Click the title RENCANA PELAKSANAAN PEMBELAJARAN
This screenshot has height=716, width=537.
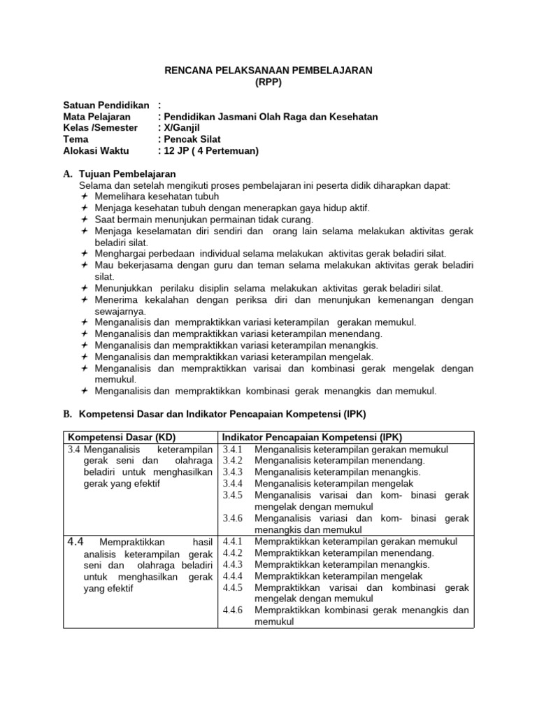tap(268, 71)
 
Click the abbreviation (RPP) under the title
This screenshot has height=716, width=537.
tap(268, 82)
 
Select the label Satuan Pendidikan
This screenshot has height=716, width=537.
tap(106, 105)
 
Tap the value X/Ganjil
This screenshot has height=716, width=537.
tap(182, 128)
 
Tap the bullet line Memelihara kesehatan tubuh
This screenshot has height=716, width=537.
tap(152, 196)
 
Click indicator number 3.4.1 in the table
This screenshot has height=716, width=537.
tap(232, 450)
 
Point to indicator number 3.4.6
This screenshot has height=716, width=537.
tap(232, 518)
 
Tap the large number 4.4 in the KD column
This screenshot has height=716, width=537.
tap(76, 541)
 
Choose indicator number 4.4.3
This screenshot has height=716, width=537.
tap(232, 564)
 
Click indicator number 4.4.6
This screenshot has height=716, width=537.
tap(232, 610)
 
